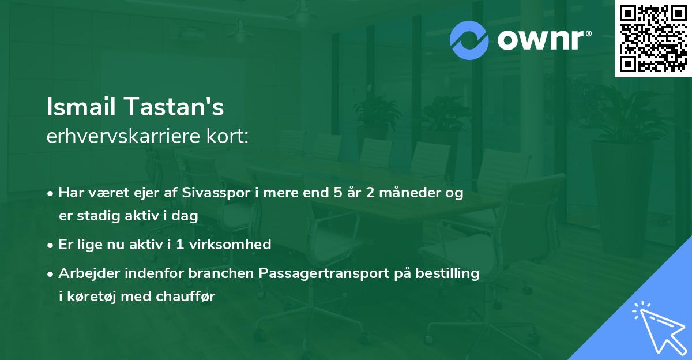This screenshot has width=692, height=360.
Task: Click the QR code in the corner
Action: pyautogui.click(x=653, y=39)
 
